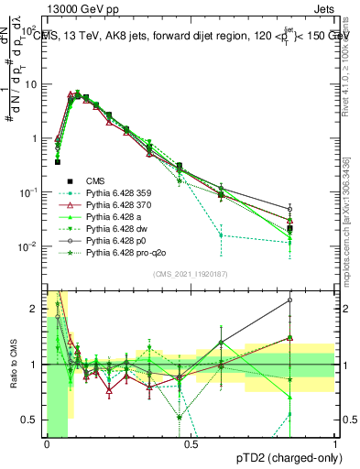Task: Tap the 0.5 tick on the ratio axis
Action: click(33, 420)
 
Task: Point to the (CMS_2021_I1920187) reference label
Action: click(191, 273)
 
